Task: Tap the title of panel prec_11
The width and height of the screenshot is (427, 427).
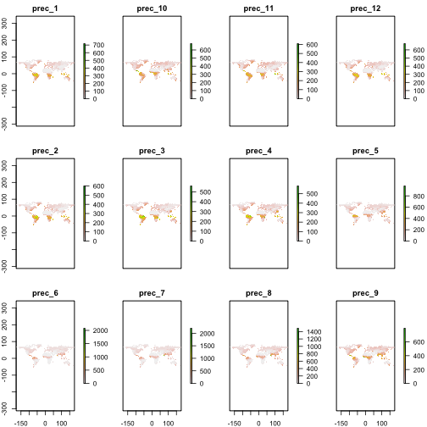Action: point(258,9)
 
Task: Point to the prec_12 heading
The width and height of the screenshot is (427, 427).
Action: point(365,9)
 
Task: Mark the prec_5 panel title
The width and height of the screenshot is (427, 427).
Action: point(365,152)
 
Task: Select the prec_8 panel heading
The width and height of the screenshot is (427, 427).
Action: point(258,294)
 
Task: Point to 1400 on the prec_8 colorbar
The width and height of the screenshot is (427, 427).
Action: point(313,331)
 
